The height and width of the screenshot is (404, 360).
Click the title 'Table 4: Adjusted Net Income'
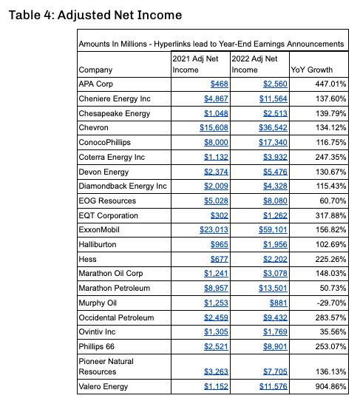[95, 15]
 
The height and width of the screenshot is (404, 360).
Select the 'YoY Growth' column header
[312, 70]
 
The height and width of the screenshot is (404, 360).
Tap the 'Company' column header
[95, 70]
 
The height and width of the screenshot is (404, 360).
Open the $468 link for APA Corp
[220, 84]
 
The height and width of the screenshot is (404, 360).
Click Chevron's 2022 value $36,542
[273, 127]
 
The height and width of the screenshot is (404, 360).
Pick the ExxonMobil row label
[99, 229]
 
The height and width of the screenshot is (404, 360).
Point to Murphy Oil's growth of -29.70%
[331, 303]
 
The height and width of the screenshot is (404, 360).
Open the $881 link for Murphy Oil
[279, 303]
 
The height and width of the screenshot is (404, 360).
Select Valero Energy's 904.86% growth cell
[331, 386]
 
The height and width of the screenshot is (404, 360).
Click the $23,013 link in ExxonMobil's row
[214, 229]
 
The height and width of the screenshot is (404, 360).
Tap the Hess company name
[87, 259]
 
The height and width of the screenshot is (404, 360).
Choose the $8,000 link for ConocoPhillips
[216, 143]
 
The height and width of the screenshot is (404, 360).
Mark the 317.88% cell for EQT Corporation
[331, 215]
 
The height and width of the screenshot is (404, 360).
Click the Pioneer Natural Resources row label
[106, 366]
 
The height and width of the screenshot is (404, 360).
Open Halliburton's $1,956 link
[275, 244]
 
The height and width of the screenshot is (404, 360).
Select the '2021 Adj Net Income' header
[195, 64]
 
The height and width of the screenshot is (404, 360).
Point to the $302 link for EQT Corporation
[220, 215]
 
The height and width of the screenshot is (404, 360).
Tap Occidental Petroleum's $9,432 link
[275, 317]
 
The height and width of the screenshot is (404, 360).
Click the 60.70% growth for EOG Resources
[333, 201]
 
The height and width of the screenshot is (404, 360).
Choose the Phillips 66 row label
[97, 346]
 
